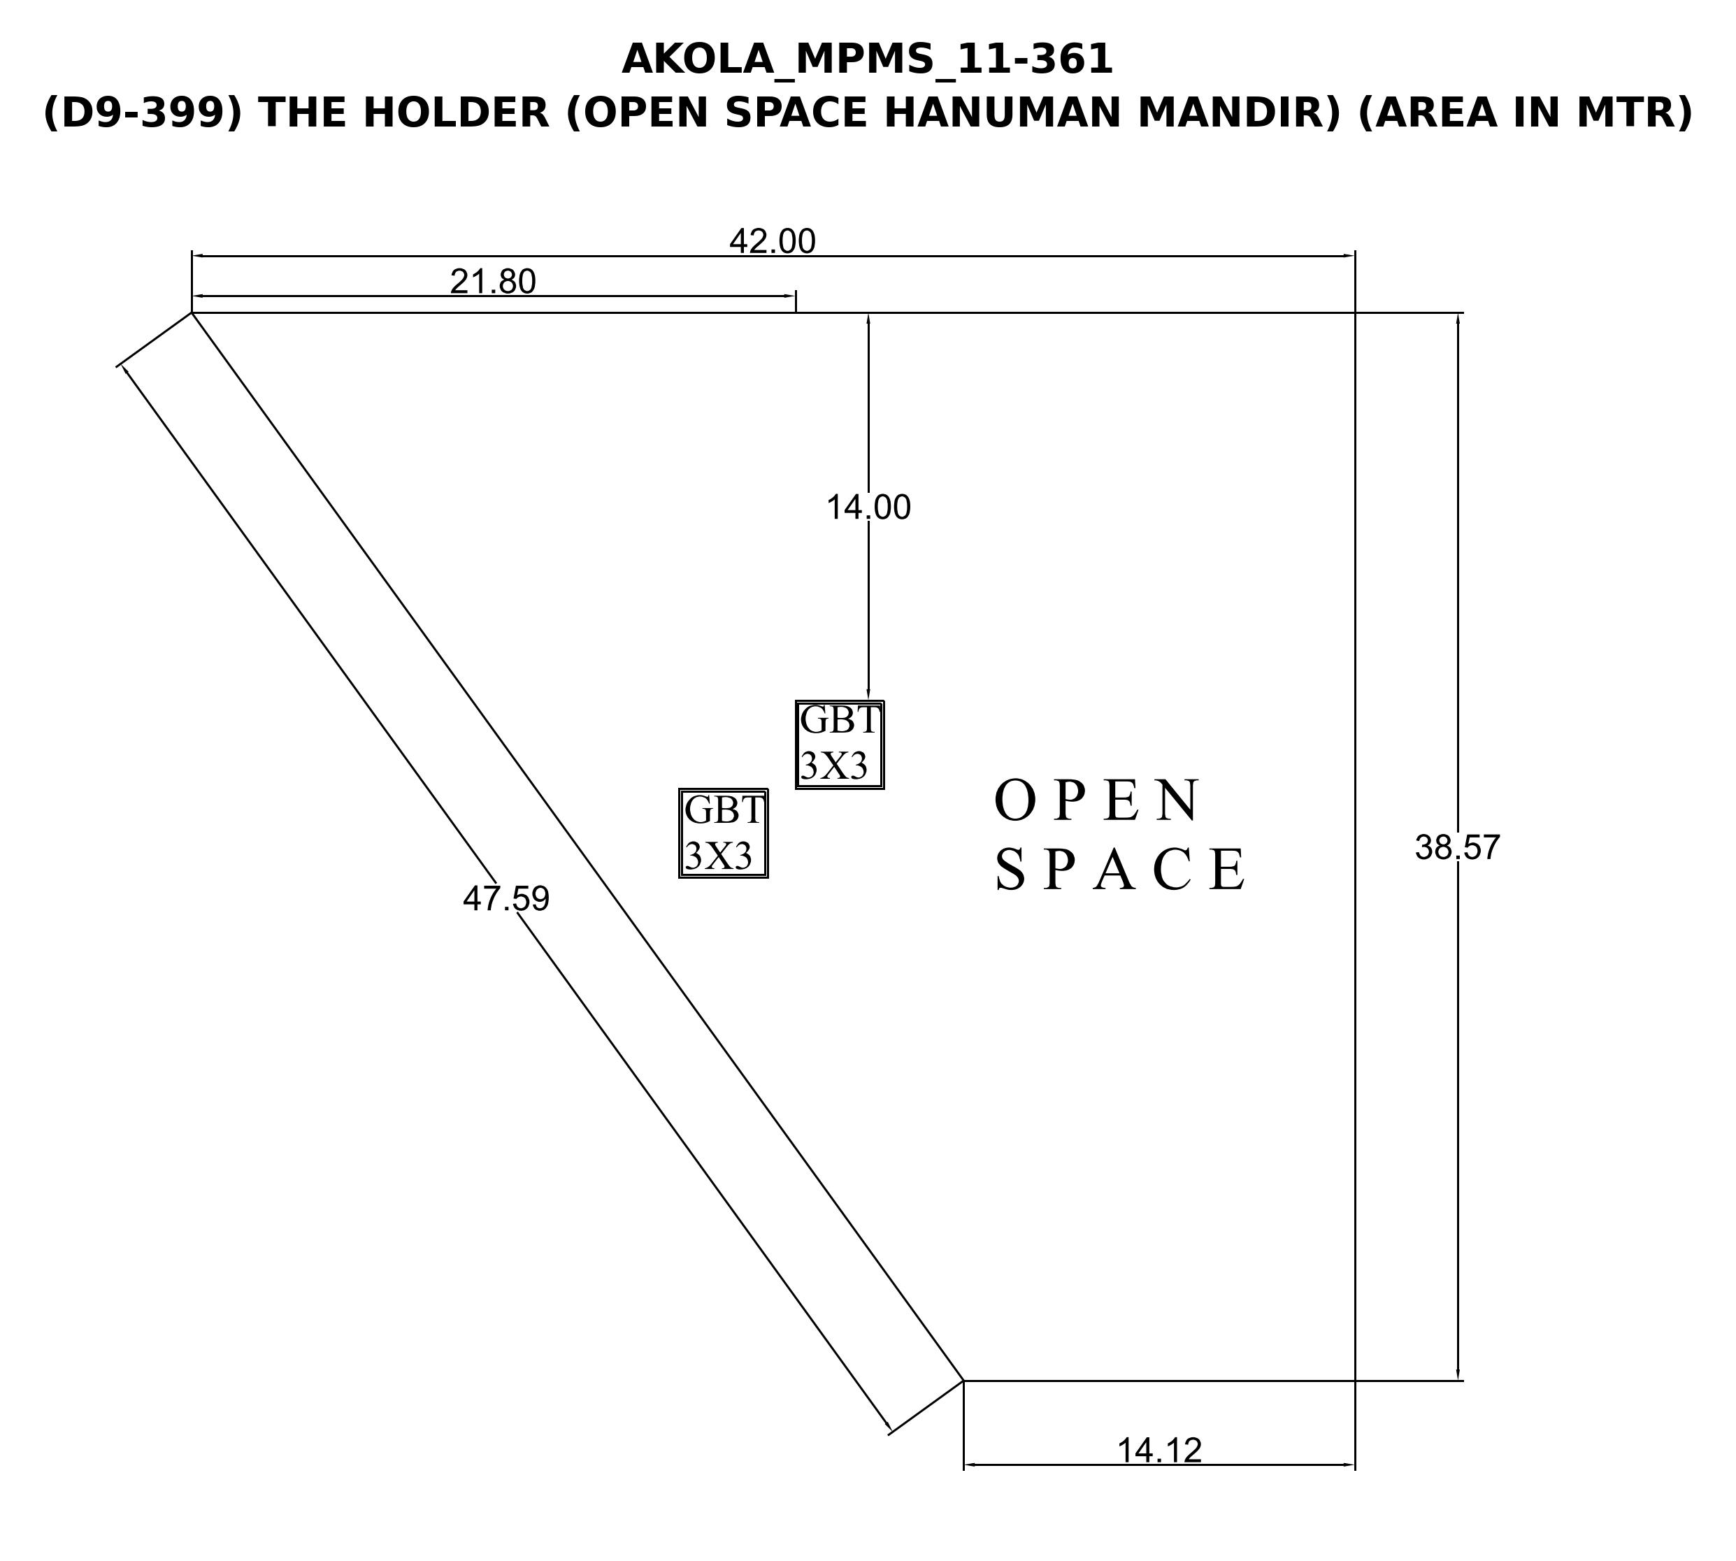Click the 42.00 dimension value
point(772,242)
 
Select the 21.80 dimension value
point(493,281)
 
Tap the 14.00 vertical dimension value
point(868,508)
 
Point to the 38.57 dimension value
point(1457,847)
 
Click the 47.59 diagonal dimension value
point(506,898)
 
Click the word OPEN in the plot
point(1098,800)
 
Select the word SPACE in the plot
point(1120,869)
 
